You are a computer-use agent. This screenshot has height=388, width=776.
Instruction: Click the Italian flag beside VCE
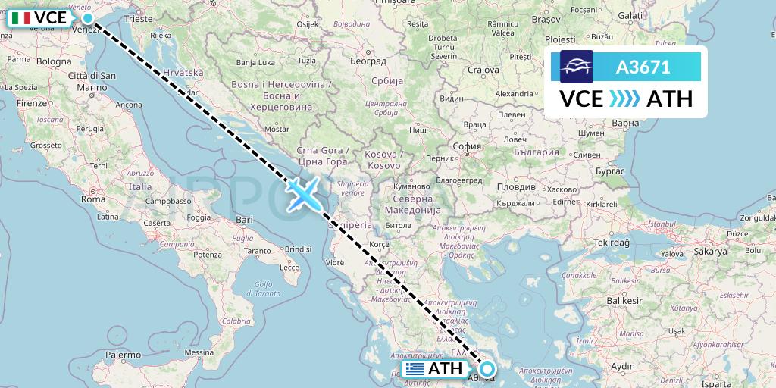[21, 18]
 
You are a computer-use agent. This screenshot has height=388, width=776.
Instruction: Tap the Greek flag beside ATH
[415, 370]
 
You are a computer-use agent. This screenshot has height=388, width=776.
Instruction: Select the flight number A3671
[643, 67]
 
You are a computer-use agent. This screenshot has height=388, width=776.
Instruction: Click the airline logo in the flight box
[576, 67]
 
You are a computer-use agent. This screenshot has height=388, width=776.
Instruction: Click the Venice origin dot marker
[88, 18]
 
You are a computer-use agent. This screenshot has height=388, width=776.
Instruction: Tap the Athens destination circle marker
[487, 370]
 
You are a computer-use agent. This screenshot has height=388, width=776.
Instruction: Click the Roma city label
[92, 199]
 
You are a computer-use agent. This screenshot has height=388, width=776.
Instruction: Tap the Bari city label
[244, 219]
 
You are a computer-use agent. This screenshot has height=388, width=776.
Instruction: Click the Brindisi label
[298, 249]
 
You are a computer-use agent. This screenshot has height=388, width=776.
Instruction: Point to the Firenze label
[31, 102]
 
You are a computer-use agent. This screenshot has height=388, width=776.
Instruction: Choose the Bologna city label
[53, 61]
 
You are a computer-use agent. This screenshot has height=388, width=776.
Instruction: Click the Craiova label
[483, 70]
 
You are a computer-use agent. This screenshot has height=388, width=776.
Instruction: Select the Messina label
[201, 352]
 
